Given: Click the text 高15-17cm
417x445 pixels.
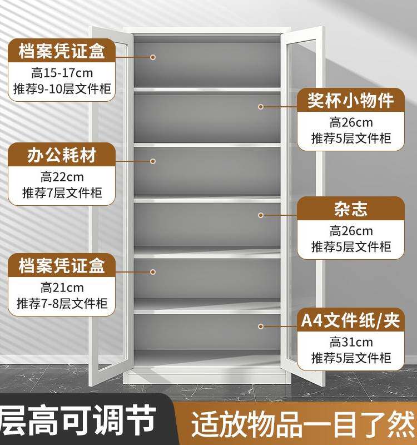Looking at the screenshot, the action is click(x=62, y=72).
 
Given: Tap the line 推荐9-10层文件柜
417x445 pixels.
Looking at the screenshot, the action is click(x=62, y=88).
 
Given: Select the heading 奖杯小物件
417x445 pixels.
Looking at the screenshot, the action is click(x=351, y=100).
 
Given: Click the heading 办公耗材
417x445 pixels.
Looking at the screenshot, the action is click(x=62, y=155).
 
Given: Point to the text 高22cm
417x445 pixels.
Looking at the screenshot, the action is click(x=62, y=177).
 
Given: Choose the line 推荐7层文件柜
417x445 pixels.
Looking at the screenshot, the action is click(x=62, y=193).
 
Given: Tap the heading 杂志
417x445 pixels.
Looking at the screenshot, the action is click(x=351, y=209).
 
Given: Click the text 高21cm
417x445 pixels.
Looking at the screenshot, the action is click(x=62, y=288).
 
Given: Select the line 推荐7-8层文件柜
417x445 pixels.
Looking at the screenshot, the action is click(x=62, y=304).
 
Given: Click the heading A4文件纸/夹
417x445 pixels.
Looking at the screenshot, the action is click(x=351, y=321).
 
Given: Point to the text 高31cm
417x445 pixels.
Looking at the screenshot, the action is click(x=351, y=342).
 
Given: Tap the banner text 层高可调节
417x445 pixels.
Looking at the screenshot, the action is click(x=78, y=421).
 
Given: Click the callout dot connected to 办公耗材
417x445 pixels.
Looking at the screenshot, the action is click(x=153, y=161).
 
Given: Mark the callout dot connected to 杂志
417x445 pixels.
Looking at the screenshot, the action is click(x=260, y=215).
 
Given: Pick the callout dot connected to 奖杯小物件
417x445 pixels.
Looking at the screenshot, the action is click(x=260, y=106).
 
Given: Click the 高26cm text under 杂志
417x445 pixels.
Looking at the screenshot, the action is click(x=351, y=231).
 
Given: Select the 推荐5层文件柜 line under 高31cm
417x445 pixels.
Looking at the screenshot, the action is click(x=351, y=358).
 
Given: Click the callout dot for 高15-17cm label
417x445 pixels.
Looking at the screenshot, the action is click(x=153, y=57).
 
